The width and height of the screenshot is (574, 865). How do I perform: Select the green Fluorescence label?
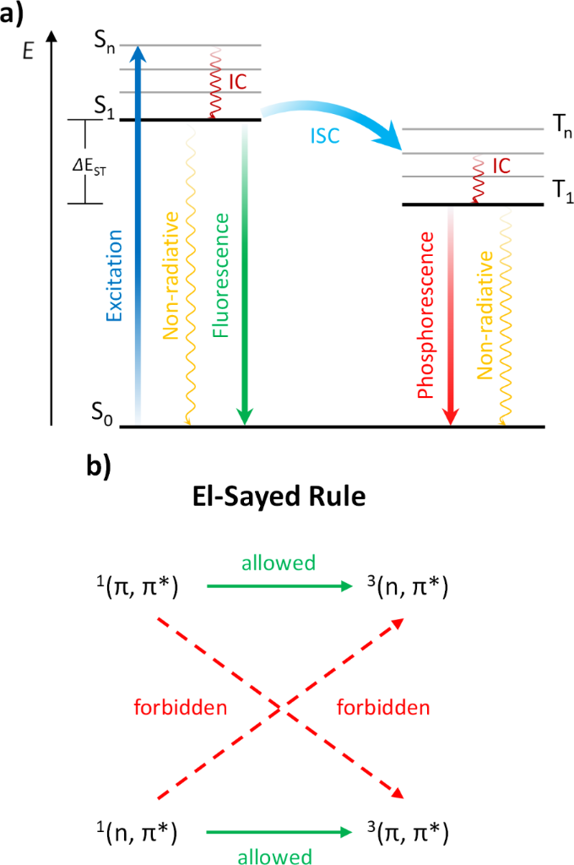click(x=221, y=264)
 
